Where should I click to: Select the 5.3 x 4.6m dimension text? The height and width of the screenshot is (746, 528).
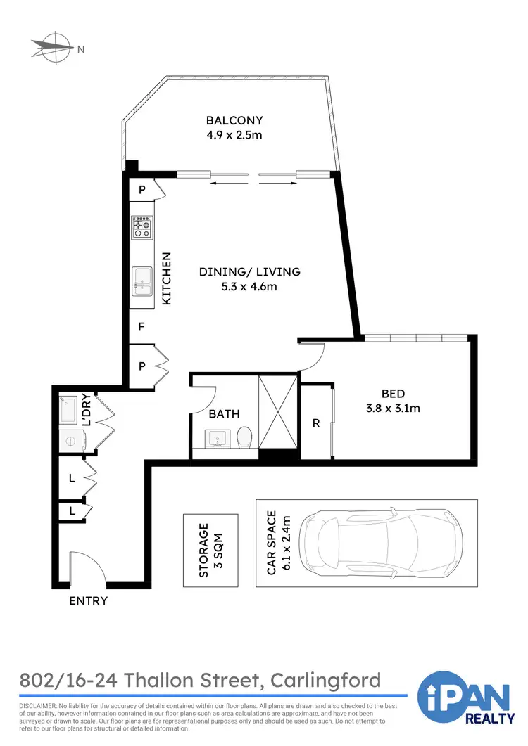(249, 286)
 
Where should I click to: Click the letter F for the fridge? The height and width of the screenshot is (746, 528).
(142, 327)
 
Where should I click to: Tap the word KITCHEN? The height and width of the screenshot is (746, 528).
(167, 278)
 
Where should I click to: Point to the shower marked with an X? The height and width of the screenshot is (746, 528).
(279, 411)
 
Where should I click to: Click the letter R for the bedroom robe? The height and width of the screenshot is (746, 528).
(316, 423)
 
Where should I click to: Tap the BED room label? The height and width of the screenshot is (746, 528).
(393, 394)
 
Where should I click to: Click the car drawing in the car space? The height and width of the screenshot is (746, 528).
(381, 543)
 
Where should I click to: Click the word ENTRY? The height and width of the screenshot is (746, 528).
(89, 600)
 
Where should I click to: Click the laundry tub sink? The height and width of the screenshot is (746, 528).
(70, 410)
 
